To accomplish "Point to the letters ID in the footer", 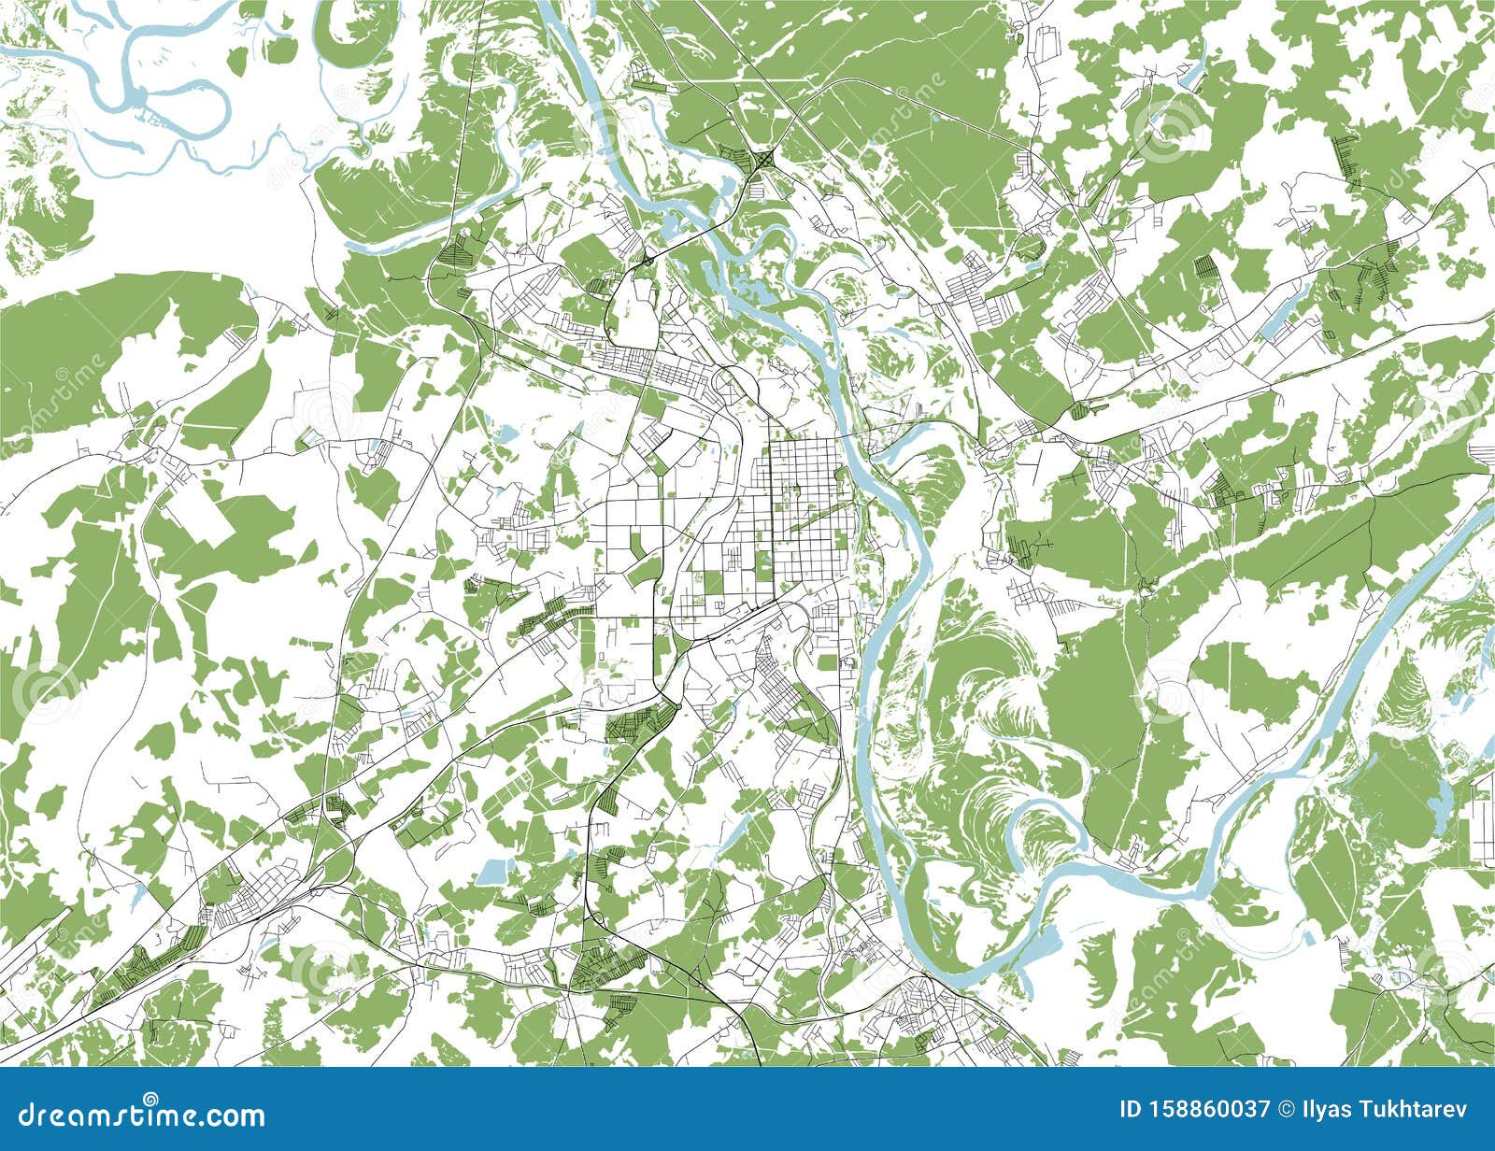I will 1132,1110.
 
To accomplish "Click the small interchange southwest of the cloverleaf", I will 645,259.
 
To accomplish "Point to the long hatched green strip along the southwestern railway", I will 140,972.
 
